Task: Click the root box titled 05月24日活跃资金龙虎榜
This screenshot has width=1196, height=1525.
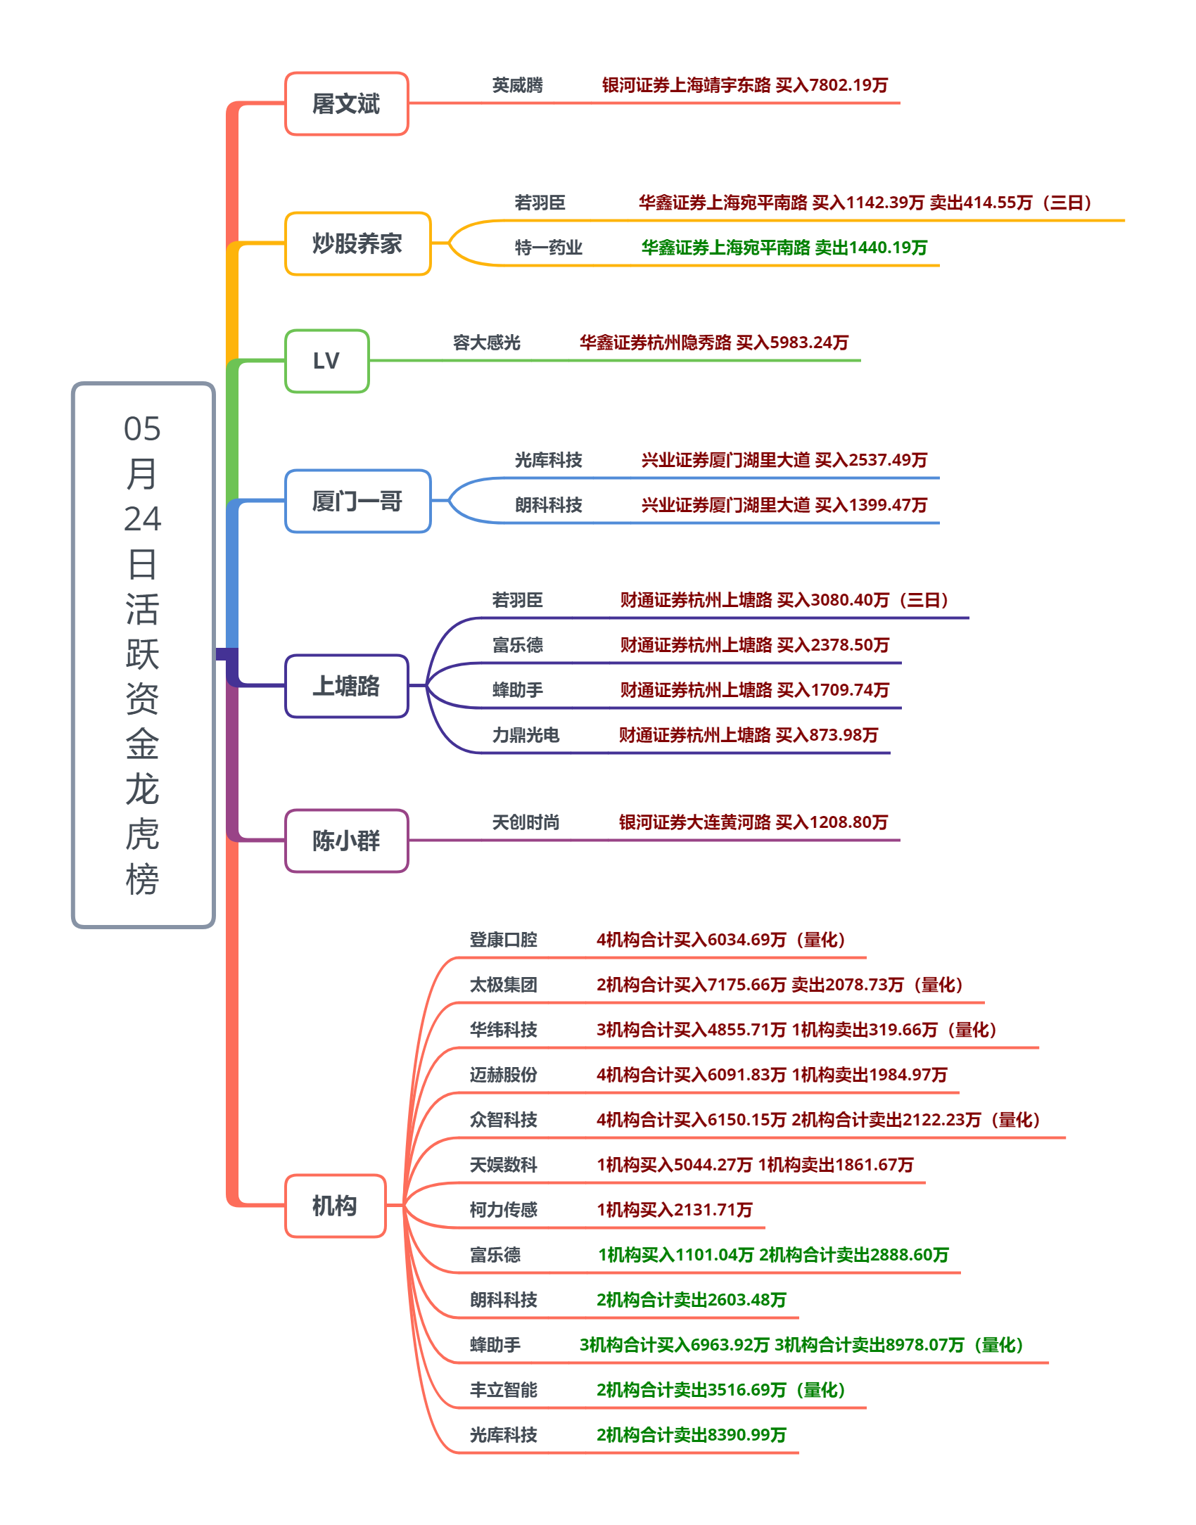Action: pos(144,655)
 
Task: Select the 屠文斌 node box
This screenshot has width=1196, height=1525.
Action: pos(347,103)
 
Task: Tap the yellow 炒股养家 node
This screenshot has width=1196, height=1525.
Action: pos(357,243)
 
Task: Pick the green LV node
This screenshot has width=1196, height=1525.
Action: pos(326,361)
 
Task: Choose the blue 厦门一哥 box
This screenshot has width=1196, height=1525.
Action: pos(357,501)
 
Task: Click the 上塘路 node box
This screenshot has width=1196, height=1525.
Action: pos(347,686)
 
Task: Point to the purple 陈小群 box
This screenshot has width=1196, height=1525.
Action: pos(347,841)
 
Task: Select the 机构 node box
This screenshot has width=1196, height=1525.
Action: pos(336,1206)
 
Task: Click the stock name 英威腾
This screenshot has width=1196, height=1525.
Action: pos(518,85)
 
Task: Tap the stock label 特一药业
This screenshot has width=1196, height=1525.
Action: pos(549,248)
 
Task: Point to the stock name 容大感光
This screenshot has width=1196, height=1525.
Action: pos(487,343)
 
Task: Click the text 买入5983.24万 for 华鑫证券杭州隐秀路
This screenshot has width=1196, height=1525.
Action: pos(792,343)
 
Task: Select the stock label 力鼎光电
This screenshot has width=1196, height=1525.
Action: pos(526,735)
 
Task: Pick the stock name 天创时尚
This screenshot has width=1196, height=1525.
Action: pos(526,822)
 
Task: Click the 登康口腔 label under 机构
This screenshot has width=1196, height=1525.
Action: pos(504,940)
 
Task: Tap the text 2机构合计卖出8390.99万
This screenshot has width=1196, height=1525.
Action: pos(692,1435)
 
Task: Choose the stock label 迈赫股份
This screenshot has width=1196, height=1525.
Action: pos(504,1075)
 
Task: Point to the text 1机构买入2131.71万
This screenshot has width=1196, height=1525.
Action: pos(675,1210)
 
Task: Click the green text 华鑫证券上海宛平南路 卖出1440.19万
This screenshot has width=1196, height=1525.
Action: pos(784,248)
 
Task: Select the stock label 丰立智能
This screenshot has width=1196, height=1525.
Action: pos(504,1390)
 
